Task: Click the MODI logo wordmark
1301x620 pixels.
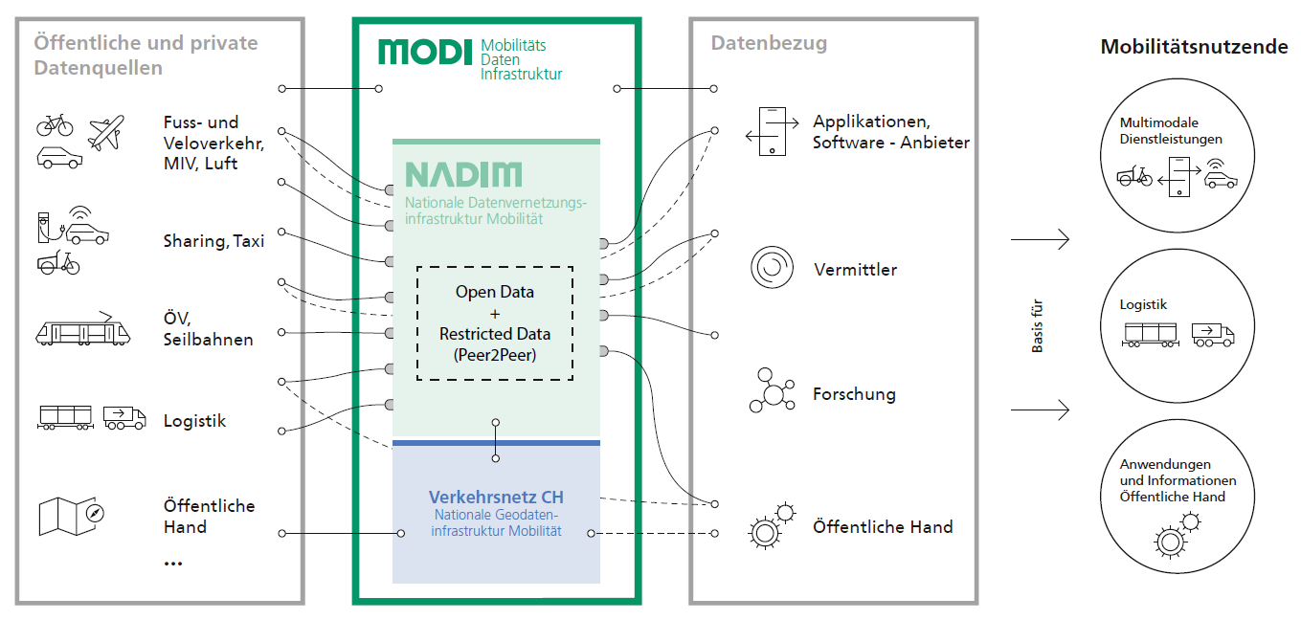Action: tap(425, 53)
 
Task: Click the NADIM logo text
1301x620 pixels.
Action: tap(463, 175)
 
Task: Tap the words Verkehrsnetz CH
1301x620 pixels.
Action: tap(496, 497)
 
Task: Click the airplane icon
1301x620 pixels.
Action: tap(106, 132)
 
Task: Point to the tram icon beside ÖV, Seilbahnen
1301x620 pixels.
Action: tap(82, 329)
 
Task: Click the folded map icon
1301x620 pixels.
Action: tap(71, 516)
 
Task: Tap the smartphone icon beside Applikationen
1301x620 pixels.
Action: tap(773, 131)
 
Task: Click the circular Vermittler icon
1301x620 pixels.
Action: tap(772, 267)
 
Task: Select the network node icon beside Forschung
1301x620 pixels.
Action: tap(772, 390)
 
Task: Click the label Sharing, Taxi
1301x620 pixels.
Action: tap(213, 241)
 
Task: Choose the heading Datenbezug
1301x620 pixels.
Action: tap(769, 44)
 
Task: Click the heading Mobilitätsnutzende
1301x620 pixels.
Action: tap(1194, 47)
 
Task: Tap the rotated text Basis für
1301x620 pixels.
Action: tap(1038, 325)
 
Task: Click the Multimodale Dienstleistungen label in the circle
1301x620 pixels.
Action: tap(1171, 131)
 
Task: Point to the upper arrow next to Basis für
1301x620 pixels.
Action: tap(1040, 239)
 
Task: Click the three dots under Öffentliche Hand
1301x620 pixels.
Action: tap(173, 564)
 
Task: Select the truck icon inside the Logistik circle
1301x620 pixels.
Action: tap(1213, 335)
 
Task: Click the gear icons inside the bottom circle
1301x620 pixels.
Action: tap(1178, 535)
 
